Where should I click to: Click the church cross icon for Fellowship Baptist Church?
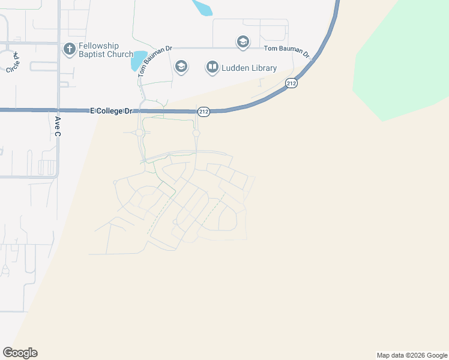[x=69, y=48]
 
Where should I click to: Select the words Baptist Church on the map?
[x=106, y=54]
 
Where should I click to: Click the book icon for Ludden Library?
[x=212, y=67]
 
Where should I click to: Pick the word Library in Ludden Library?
[x=265, y=67]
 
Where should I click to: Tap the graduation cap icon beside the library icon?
[x=181, y=67]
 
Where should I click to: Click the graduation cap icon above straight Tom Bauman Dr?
[x=243, y=42]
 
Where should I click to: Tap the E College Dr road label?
[x=110, y=111]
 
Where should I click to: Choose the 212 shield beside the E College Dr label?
[x=203, y=111]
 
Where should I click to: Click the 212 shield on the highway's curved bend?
[x=291, y=83]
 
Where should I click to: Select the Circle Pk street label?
[x=13, y=63]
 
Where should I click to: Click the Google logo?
[x=20, y=353]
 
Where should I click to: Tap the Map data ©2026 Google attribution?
[x=412, y=355]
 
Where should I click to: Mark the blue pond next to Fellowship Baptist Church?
[x=139, y=60]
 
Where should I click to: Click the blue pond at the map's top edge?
[x=202, y=7]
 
